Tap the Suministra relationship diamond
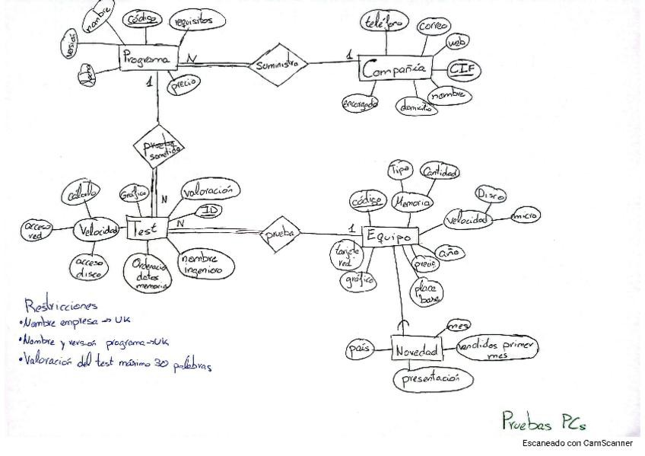[x=277, y=65]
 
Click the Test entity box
[x=146, y=228]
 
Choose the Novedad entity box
[x=417, y=351]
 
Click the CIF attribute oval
[x=461, y=71]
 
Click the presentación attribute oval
[x=431, y=378]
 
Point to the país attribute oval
[x=358, y=348]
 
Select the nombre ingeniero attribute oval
[x=202, y=263]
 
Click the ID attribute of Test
[x=211, y=209]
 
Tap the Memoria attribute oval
[x=412, y=202]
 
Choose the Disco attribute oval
[x=491, y=194]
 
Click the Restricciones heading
[x=61, y=306]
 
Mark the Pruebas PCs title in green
[x=543, y=419]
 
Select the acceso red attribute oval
[x=36, y=230]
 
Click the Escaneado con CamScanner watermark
[x=579, y=443]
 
